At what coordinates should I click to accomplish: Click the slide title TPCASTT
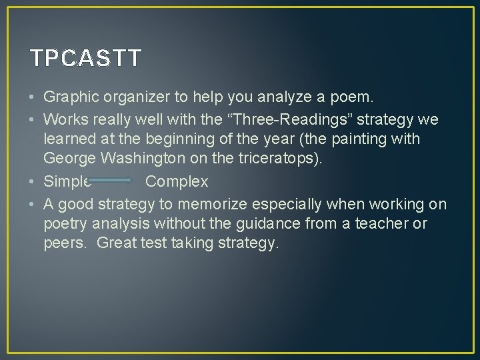tap(86, 59)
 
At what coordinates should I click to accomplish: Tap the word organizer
tap(137, 97)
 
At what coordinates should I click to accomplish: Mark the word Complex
tap(177, 181)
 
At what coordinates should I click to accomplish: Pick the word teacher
tap(385, 223)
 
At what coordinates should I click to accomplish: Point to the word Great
tap(117, 243)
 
